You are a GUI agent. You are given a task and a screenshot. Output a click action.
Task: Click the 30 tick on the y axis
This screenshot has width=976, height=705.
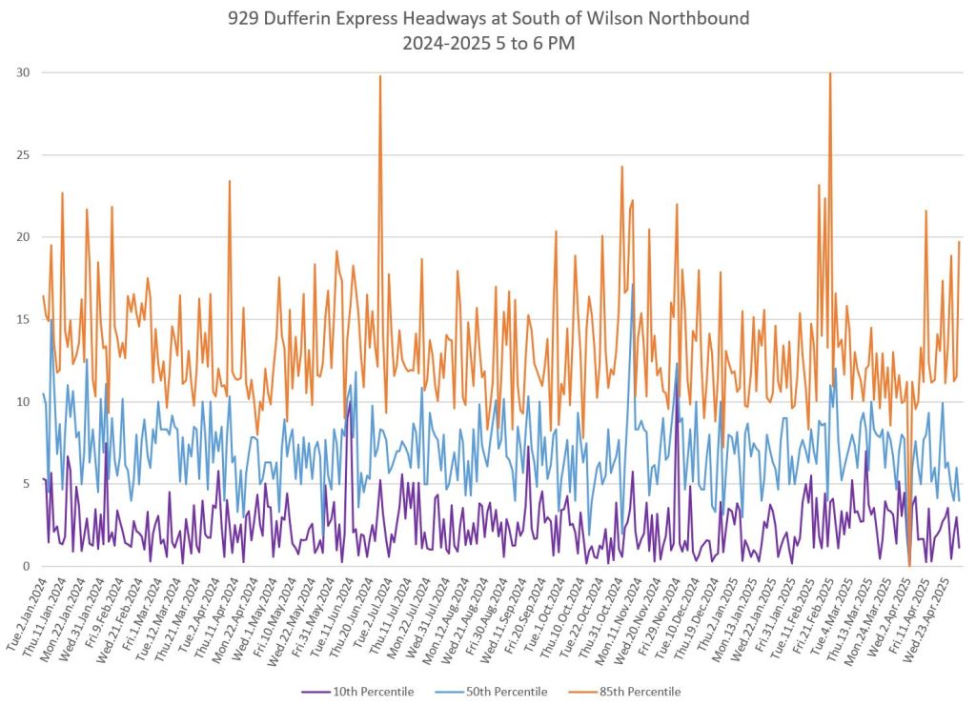(21, 72)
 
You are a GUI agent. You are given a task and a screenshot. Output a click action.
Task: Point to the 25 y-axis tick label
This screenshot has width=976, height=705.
(21, 154)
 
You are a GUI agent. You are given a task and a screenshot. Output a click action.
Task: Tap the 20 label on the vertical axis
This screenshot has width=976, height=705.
(21, 237)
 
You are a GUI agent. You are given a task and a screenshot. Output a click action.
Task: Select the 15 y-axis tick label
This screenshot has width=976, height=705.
(21, 319)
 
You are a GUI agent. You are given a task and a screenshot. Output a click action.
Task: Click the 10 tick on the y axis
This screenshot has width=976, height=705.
(21, 402)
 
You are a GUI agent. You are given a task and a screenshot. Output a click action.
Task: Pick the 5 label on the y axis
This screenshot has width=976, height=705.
(25, 484)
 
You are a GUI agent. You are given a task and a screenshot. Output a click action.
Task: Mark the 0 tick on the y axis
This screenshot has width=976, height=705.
(25, 566)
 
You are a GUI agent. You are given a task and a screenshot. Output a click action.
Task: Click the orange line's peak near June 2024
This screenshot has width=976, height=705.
(380, 76)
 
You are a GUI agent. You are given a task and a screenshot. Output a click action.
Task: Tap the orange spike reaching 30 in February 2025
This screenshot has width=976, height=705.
(830, 73)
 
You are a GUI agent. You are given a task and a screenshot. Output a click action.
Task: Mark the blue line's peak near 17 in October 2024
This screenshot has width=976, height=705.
(632, 285)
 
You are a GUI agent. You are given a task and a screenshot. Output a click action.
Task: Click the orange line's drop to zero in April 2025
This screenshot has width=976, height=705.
(909, 565)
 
